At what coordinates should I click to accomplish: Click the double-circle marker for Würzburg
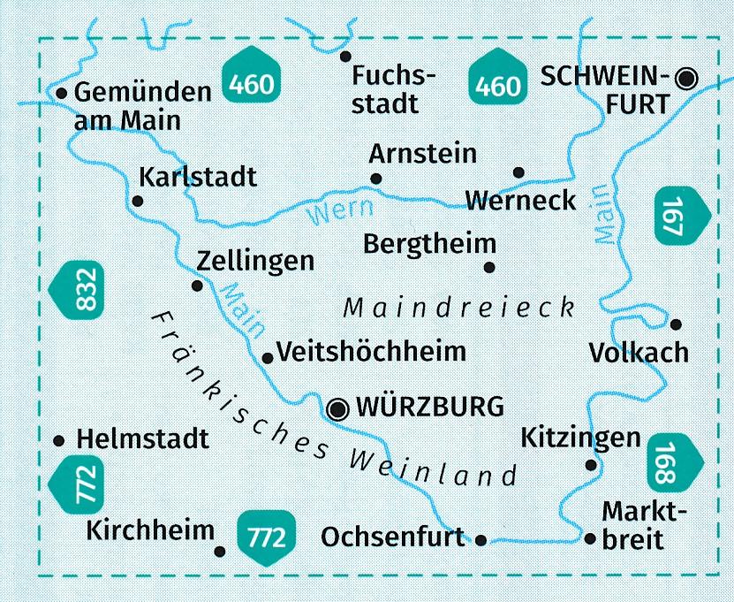(337, 408)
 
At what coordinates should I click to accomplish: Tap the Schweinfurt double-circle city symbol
(685, 80)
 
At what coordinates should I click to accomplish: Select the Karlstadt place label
(198, 177)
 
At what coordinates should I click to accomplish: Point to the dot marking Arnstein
(376, 179)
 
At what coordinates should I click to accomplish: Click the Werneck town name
(520, 200)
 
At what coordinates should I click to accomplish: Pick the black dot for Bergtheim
(488, 267)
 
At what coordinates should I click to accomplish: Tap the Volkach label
(638, 353)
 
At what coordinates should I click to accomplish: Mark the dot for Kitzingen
(592, 465)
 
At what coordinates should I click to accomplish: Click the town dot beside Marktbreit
(589, 537)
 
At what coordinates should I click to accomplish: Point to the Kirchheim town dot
(220, 552)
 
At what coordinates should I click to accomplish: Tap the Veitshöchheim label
(371, 352)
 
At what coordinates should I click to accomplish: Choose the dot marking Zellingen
(197, 286)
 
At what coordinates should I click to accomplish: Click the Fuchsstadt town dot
(345, 56)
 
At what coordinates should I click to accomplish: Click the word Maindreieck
(458, 309)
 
